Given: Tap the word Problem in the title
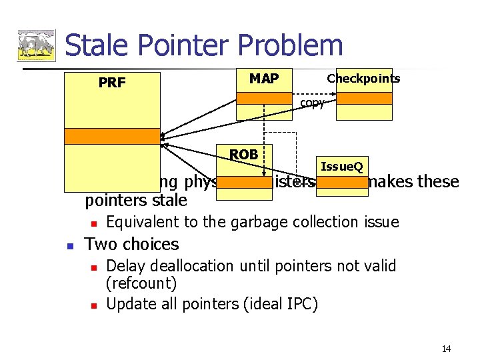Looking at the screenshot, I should click(280, 45).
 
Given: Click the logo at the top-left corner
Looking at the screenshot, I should click(36, 45).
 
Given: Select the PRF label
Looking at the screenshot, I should click(112, 83).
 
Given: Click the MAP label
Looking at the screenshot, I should click(264, 79).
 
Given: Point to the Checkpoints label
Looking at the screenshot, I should click(363, 79).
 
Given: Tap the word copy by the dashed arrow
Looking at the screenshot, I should click(312, 103).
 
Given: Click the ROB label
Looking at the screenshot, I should click(243, 155).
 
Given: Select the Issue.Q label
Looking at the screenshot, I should click(341, 166).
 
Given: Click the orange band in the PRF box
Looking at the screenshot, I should click(112, 136).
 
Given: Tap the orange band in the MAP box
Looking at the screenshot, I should click(264, 98).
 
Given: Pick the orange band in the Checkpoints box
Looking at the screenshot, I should click(363, 98).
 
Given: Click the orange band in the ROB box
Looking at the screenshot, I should click(244, 182).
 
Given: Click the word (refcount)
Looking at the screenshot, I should click(141, 284).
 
